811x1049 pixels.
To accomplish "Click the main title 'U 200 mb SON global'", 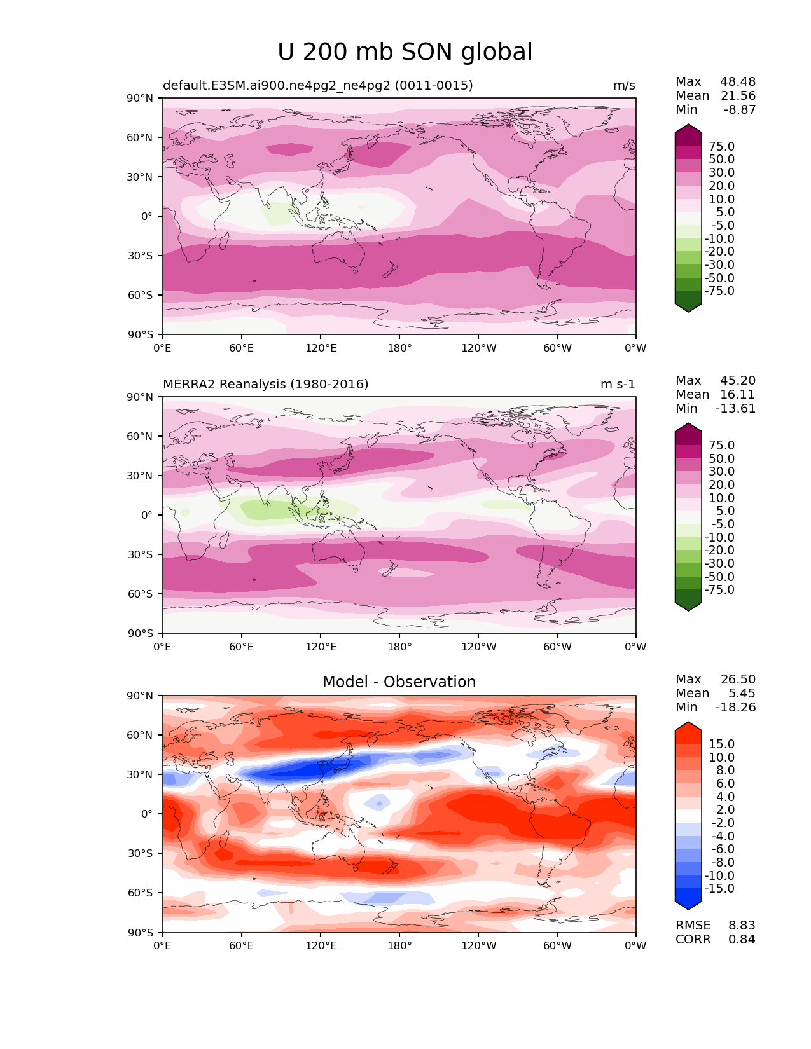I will coord(405,52).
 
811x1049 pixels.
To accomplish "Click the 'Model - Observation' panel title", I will coord(399,682).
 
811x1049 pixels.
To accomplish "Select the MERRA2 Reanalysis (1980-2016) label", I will coord(265,385).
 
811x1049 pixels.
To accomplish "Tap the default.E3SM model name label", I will coord(317,86).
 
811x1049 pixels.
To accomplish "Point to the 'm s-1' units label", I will coord(618,385).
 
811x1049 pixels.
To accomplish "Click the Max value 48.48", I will coord(738,82).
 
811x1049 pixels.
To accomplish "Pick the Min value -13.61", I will coord(735,409).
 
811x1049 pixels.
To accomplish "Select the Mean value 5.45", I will coord(742,694).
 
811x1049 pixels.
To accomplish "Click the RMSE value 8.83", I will coord(742,926).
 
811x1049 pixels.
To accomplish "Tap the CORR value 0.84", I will coord(742,940).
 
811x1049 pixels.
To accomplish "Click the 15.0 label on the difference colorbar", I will coord(721,744).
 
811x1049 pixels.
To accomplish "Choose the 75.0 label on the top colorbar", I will coord(721,147).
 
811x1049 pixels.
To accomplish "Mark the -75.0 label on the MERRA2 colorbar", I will coord(719,590).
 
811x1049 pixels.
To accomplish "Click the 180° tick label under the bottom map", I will coord(399,946).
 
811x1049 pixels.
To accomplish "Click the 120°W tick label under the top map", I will coord(478,348).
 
